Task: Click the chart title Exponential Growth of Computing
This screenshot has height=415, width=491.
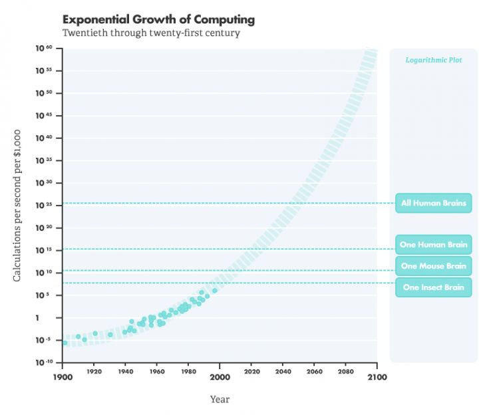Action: pos(158,19)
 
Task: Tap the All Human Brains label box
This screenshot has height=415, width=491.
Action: pos(433,203)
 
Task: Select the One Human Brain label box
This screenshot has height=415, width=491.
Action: pos(433,245)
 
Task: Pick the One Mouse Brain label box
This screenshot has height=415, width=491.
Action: pos(433,266)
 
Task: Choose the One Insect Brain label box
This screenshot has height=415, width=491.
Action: pos(433,287)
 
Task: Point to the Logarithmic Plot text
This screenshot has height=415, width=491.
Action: pos(433,61)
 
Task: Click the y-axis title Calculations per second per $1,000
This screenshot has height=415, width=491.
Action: pos(18,205)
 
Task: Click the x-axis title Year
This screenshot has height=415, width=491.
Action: pos(220,400)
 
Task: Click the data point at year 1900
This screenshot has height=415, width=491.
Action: pos(65,343)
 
